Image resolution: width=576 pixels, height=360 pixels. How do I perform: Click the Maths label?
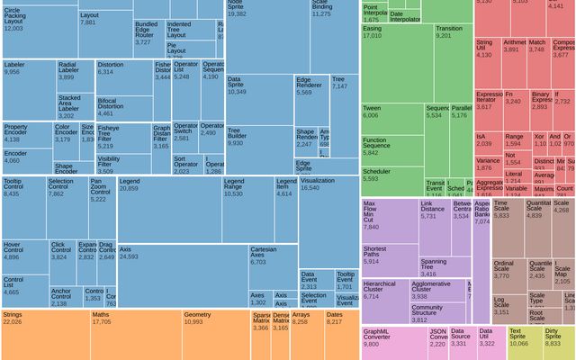(101, 315)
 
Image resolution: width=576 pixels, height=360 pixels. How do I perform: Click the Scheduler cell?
(391, 175)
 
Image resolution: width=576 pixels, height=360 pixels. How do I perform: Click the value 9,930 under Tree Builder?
(236, 143)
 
